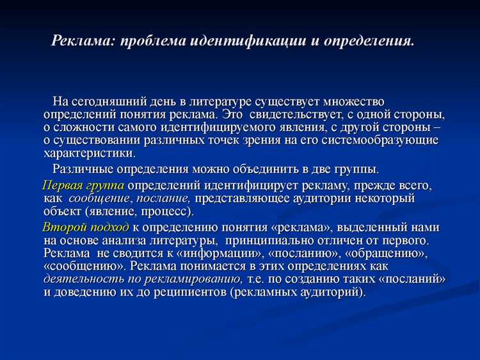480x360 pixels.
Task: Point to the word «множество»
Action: (x=353, y=102)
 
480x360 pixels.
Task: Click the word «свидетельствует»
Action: (x=295, y=115)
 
